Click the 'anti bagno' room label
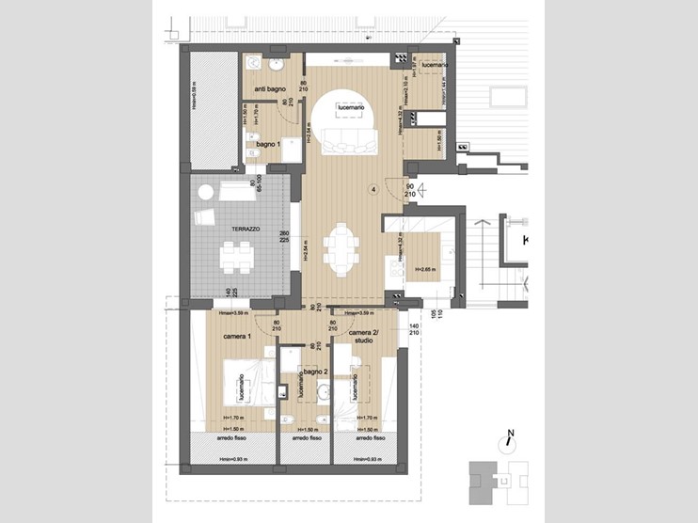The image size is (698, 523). click(x=270, y=88)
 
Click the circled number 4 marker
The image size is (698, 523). click(x=373, y=189)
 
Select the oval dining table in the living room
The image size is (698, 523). click(x=341, y=249)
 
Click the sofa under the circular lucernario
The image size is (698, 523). click(x=351, y=145)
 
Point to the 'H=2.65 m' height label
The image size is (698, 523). click(x=425, y=269)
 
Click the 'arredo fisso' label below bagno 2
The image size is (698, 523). click(x=307, y=437)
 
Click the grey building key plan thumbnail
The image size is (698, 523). click(x=493, y=483)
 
